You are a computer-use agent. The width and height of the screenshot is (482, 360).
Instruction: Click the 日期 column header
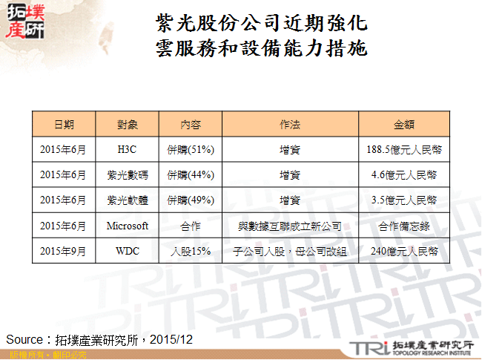[x=63, y=124]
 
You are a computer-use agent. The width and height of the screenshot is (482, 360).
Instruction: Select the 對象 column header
[x=128, y=124]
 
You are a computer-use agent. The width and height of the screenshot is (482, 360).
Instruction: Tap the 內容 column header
[x=191, y=124]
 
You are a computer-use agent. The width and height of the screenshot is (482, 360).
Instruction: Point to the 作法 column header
[x=290, y=124]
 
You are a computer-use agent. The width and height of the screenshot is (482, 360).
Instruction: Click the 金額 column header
[x=404, y=124]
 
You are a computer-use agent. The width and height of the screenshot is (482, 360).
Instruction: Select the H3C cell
[x=128, y=149]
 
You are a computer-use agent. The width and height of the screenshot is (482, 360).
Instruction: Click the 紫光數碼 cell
[x=128, y=175]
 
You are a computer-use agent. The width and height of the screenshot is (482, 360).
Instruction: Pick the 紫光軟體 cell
[x=128, y=200]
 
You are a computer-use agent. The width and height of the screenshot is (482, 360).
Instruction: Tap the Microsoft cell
[x=128, y=226]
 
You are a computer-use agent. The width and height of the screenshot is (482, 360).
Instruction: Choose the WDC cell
[x=128, y=251]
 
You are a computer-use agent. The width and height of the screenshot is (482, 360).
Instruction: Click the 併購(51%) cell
[x=191, y=149]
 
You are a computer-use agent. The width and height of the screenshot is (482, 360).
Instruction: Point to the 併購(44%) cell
[x=191, y=175]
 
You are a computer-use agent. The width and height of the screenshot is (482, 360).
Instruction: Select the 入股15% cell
[x=191, y=251]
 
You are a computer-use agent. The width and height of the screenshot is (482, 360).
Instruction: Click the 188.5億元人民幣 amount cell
[x=404, y=149]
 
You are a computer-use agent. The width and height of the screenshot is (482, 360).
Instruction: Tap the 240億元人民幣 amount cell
[x=404, y=251]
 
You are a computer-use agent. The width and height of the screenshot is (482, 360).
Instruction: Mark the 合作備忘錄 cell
[x=404, y=226]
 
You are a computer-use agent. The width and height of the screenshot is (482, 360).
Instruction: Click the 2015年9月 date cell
[x=63, y=251]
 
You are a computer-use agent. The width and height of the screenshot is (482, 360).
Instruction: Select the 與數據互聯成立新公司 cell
[x=290, y=226]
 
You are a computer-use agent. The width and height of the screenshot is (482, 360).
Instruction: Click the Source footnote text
[x=99, y=339]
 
